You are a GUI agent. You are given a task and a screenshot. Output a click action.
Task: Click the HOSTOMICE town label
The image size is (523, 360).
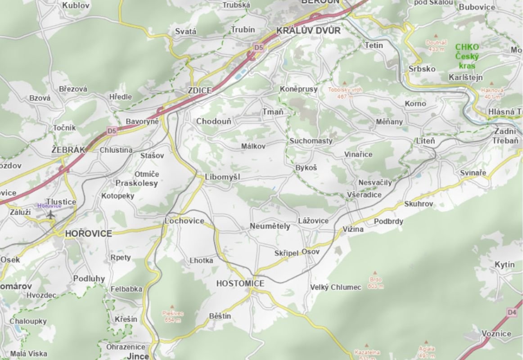click(240, 283)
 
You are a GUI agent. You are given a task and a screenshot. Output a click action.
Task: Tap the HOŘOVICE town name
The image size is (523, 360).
click(88, 234)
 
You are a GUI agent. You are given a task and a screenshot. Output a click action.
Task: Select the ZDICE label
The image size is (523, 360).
click(200, 90)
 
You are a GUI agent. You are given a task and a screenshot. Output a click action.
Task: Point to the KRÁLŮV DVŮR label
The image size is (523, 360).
click(308, 31)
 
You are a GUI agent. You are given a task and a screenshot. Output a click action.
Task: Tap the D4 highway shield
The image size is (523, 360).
click(511, 312)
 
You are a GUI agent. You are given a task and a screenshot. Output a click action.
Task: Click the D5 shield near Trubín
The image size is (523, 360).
click(258, 47)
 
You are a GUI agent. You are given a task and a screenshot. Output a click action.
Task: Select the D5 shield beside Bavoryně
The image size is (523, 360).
click(112, 131)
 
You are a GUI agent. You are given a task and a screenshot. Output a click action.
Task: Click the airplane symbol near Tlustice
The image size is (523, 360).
click(51, 214)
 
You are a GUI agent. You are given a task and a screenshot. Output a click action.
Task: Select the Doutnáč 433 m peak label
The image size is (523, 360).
click(436, 45)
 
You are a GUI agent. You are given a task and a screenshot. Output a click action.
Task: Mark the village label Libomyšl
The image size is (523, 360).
click(222, 177)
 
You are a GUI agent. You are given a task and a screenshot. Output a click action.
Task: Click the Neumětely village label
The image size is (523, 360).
click(270, 226)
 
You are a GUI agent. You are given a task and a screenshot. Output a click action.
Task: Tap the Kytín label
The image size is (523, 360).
click(504, 265)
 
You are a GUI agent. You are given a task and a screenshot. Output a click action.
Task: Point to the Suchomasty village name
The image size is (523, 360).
click(311, 141)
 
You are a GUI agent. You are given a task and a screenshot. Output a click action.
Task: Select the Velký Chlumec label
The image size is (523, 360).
click(336, 287)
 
